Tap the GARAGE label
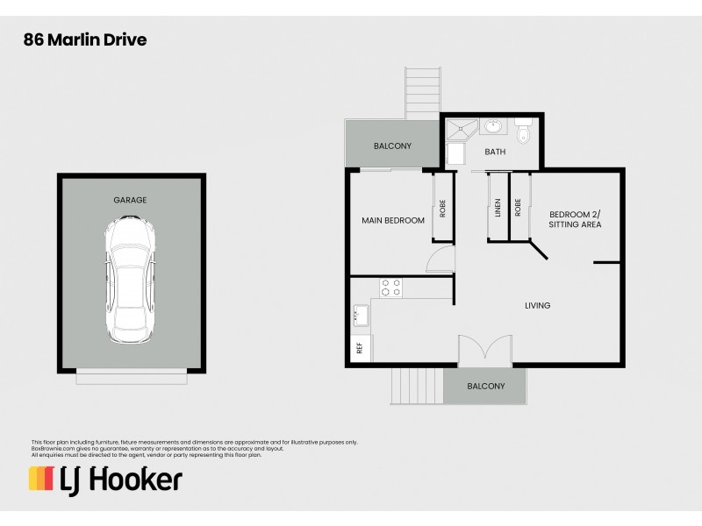[x=130, y=200]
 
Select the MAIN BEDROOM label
[x=393, y=220]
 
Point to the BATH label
[x=496, y=152]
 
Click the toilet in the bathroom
[x=524, y=131]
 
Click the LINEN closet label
[x=498, y=208]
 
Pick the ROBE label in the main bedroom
[x=443, y=208]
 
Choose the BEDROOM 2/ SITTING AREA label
[x=575, y=219]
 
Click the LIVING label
[x=537, y=306]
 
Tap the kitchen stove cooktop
[x=390, y=287]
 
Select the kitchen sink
[x=360, y=313]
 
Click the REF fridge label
[x=359, y=348]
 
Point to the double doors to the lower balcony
[x=485, y=350]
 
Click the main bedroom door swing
[x=441, y=259]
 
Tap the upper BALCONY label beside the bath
[x=392, y=146]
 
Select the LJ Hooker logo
[x=105, y=479]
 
